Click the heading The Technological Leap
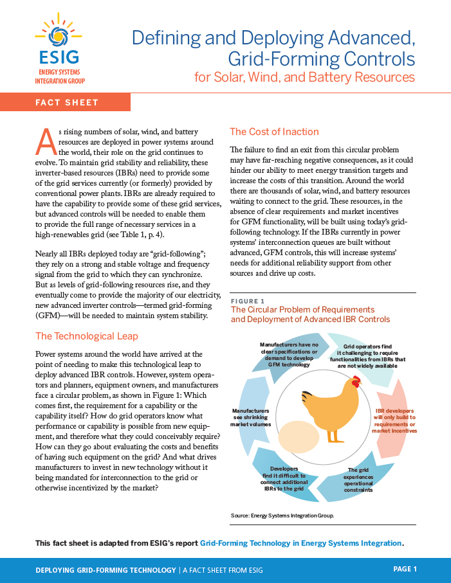pos(86,336)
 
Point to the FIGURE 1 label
pos(248,301)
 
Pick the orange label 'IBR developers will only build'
pos(395,420)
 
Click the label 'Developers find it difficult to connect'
pos(284,480)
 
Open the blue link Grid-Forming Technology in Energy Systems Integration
pos(300,543)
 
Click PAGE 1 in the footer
pos(405,569)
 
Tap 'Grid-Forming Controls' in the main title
pos(322,60)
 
